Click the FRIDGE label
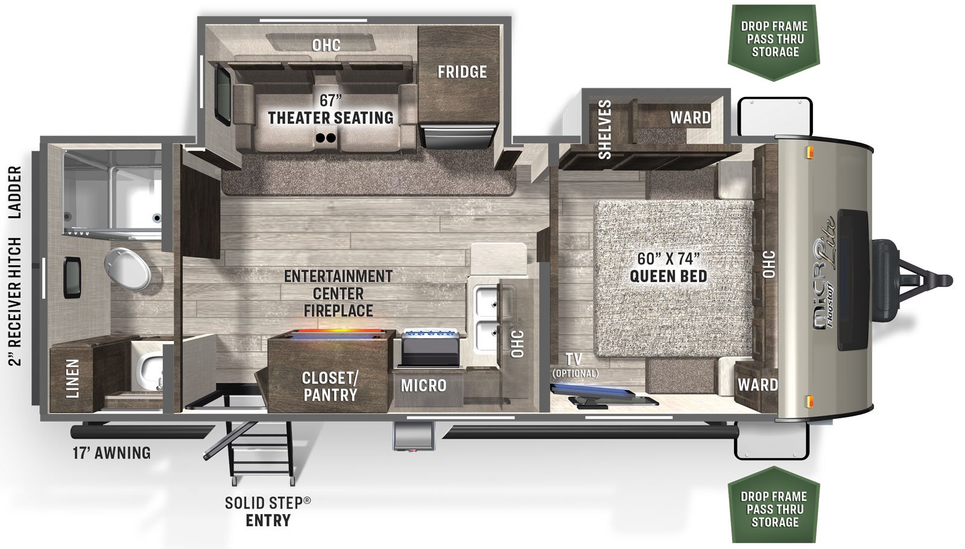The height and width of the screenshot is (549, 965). click(462, 72)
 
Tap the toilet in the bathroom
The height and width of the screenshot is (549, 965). click(127, 268)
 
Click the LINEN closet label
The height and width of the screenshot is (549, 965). click(72, 378)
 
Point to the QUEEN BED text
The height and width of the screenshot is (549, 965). click(669, 276)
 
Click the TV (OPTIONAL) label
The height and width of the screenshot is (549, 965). click(575, 365)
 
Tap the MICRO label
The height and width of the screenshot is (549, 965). click(423, 386)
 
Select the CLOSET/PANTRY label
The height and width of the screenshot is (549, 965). click(331, 386)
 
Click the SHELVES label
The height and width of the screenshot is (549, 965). click(605, 129)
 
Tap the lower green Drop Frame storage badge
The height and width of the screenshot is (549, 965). click(774, 504)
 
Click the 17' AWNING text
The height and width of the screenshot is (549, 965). click(112, 453)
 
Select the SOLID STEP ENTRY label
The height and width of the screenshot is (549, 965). click(268, 512)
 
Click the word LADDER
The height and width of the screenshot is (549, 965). click(15, 192)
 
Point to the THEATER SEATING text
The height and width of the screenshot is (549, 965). click(331, 118)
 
